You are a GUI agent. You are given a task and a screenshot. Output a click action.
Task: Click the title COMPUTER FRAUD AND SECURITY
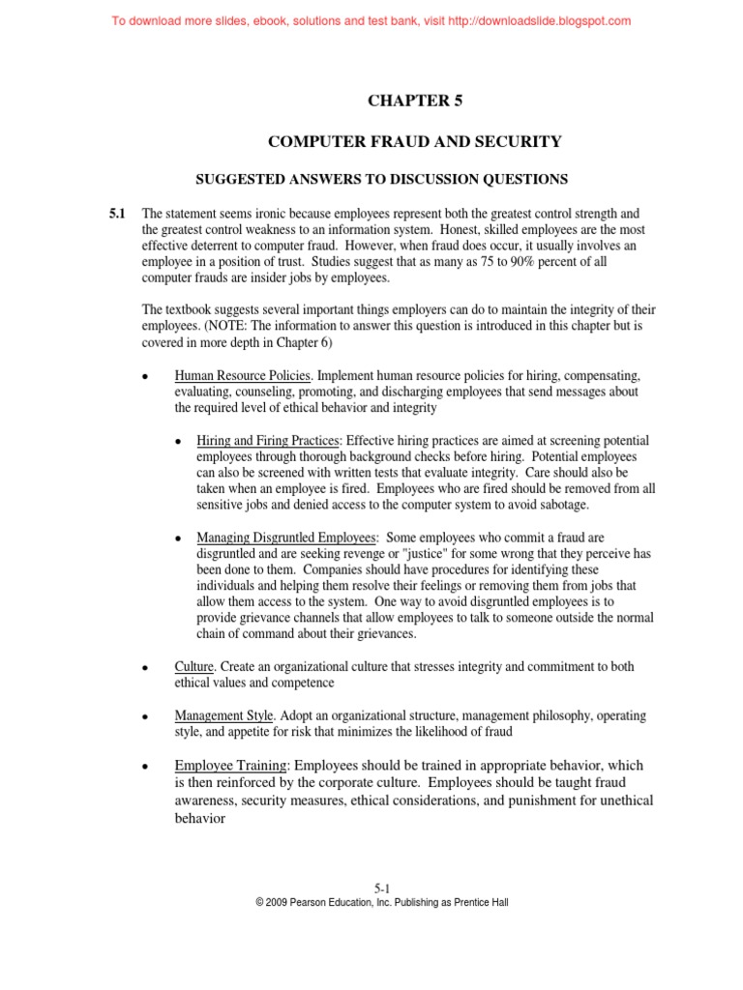(x=414, y=142)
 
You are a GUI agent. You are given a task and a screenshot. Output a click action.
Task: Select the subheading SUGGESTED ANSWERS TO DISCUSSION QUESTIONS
(x=382, y=179)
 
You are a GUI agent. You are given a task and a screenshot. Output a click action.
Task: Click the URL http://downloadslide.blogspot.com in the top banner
(x=539, y=20)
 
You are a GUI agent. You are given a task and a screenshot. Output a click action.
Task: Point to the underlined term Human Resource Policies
(x=243, y=374)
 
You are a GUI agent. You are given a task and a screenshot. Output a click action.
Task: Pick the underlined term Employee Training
(x=235, y=766)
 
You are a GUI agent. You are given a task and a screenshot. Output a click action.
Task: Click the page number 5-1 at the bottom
(x=381, y=888)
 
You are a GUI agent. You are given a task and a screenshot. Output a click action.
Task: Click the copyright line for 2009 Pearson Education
(x=381, y=902)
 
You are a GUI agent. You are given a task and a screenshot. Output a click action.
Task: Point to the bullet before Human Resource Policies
(x=144, y=376)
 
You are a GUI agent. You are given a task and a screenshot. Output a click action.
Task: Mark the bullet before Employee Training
(x=144, y=767)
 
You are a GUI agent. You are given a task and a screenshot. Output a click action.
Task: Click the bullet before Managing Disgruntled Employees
(x=177, y=539)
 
